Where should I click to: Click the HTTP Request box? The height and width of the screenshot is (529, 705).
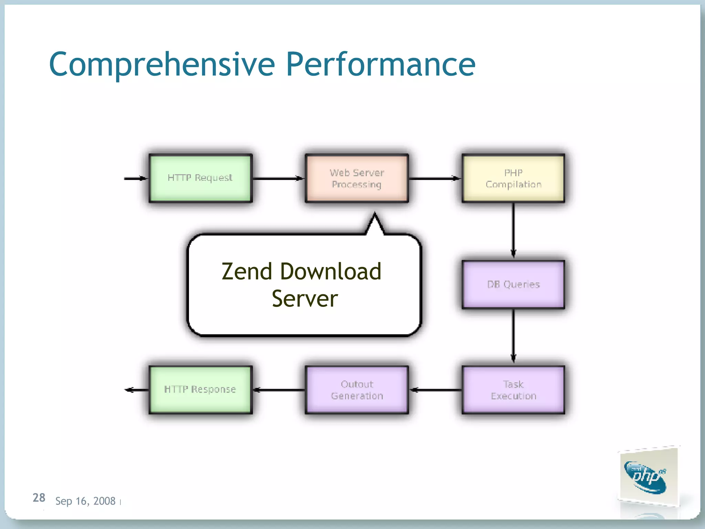[200, 178]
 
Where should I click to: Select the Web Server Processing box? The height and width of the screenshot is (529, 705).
[357, 178]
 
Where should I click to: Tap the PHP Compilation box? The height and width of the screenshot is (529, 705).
[513, 178]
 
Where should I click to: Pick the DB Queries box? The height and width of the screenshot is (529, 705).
[513, 284]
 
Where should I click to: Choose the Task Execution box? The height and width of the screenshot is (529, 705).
[513, 390]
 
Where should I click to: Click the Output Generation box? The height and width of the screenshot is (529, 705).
[357, 390]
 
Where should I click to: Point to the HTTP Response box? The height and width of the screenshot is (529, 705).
[200, 390]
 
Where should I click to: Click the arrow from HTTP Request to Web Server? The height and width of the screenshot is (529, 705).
[278, 178]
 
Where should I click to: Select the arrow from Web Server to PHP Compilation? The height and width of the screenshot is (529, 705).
[435, 178]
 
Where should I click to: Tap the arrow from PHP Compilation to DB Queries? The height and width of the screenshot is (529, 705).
[513, 231]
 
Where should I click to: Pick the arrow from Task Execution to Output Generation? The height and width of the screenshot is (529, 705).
[435, 390]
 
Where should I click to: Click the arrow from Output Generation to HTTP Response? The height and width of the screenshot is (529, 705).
[279, 390]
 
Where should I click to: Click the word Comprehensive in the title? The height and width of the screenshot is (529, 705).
[162, 64]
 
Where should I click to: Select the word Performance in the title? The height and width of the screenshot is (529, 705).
[380, 64]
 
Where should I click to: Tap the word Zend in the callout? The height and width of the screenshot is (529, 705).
[247, 271]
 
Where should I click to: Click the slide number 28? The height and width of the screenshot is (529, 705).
[39, 498]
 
